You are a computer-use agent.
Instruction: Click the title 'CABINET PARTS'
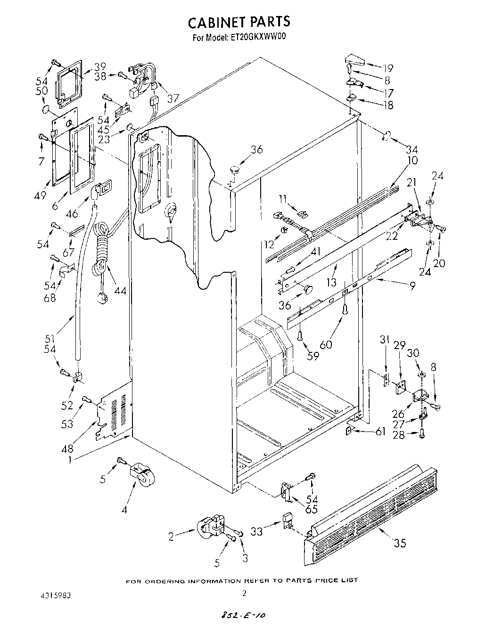point(239,22)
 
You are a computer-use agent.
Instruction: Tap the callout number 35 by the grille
point(400,543)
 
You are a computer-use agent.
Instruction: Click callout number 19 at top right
point(387,68)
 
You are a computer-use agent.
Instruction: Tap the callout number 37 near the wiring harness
point(173,98)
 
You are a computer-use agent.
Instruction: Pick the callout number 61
point(380,432)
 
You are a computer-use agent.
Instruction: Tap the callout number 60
point(326,344)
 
